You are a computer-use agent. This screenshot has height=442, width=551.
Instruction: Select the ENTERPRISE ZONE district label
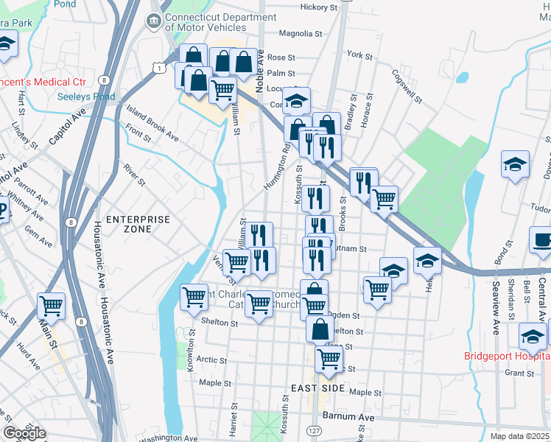(138, 224)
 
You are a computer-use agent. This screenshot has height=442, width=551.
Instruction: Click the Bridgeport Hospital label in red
(507, 356)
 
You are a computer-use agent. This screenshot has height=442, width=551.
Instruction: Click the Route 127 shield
(315, 430)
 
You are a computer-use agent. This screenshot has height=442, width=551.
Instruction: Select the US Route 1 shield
(159, 67)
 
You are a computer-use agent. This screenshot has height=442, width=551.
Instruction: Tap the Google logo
(24, 433)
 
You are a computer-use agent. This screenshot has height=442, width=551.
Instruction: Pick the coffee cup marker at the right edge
(541, 240)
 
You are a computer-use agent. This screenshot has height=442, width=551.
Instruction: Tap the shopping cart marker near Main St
(51, 304)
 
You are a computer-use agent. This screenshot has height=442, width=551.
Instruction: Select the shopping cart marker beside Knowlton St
(194, 297)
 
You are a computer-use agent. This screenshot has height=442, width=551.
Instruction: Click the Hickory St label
(320, 7)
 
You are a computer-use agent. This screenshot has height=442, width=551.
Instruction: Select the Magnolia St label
(301, 33)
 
